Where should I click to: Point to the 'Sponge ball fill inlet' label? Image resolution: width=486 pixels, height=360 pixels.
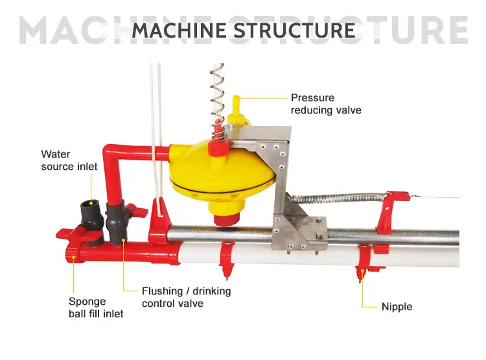click(x=96, y=307)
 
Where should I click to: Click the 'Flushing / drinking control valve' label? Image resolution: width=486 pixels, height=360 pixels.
click(x=186, y=297)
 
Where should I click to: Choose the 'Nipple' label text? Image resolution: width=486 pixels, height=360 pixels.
click(x=397, y=306)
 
